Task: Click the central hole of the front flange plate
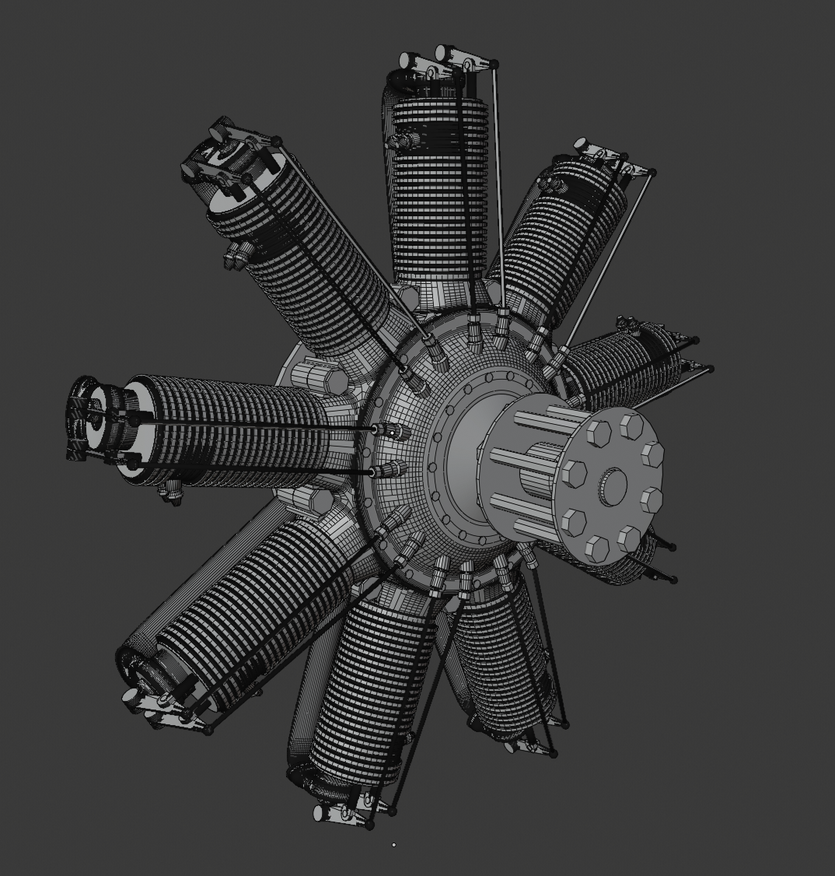[613, 485]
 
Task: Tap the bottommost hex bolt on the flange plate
[597, 548]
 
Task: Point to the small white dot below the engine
[394, 844]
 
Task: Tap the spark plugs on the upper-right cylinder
[554, 184]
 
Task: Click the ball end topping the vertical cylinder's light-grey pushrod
[494, 64]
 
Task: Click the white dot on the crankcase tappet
[393, 432]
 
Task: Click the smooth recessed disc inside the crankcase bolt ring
[466, 459]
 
